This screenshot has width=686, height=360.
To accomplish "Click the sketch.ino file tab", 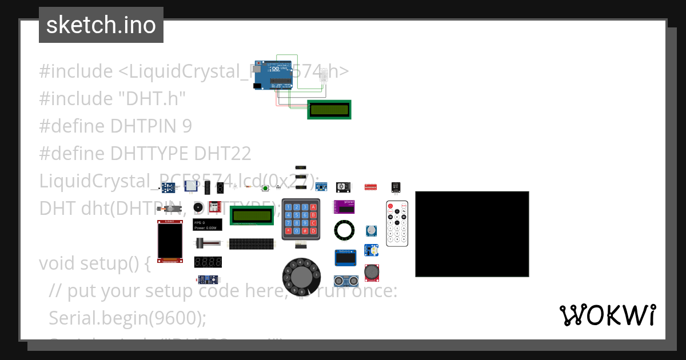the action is pos(101,25).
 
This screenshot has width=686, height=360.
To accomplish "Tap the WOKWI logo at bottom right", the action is pos(608,315).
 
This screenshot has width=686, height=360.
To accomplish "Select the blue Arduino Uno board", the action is pos(272,75).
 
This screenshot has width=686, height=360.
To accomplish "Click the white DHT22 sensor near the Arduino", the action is pos(325,75).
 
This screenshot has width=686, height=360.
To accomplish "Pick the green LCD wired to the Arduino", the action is pos(329,109).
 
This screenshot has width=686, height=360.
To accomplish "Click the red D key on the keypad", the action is pos(313,231).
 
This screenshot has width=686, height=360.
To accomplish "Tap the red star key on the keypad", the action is pos(288,231).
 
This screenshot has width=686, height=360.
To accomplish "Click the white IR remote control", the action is pos(397,224).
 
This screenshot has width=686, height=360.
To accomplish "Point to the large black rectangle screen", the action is pos(472,234).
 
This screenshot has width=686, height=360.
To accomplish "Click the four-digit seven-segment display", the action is pos(208,262).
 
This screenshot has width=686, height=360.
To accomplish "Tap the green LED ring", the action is pos(345,230).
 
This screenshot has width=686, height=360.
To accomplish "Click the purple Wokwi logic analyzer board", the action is pos(345,206).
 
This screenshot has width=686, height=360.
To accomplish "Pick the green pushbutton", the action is pos(265,188).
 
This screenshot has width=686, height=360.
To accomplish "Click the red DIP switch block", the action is pos(370,187).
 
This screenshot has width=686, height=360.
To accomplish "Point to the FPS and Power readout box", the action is pos(208,225).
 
